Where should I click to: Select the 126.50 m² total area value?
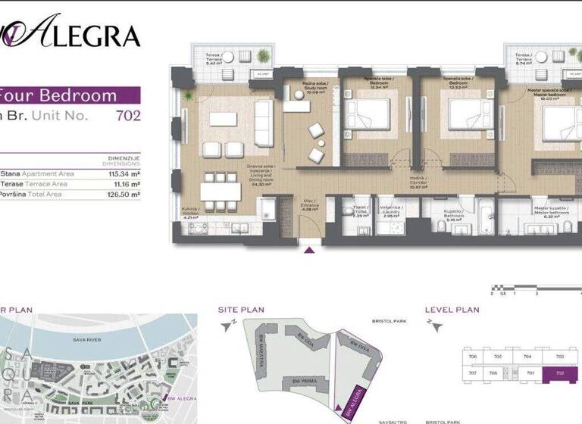(123, 194)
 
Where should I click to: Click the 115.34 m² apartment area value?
(123, 173)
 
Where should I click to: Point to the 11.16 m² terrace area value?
(124, 183)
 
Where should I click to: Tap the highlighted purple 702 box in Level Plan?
(559, 373)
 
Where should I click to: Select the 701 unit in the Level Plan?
(531, 373)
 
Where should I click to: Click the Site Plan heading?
(241, 309)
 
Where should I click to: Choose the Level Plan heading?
(452, 309)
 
